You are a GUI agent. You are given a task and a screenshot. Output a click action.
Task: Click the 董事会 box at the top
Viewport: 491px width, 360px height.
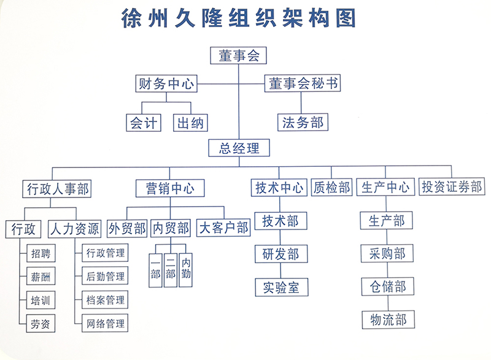click(x=239, y=56)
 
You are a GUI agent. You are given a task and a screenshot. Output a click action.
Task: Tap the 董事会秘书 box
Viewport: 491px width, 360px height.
click(x=303, y=83)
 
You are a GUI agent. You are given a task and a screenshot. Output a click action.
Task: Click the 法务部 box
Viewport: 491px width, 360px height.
click(x=303, y=121)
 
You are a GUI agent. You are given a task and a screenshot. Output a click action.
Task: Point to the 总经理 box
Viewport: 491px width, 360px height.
click(x=239, y=148)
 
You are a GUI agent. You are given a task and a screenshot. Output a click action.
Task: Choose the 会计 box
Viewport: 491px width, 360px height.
click(x=143, y=122)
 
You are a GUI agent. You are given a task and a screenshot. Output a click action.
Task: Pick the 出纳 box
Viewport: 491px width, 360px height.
click(x=190, y=122)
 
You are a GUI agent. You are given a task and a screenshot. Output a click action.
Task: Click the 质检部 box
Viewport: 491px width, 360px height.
click(x=331, y=187)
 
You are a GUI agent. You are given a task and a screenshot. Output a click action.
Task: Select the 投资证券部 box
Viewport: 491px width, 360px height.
click(x=452, y=187)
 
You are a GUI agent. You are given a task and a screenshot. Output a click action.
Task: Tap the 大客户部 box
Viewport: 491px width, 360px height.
click(x=223, y=228)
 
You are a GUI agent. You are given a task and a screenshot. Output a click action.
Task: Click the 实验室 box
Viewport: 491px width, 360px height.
click(x=281, y=286)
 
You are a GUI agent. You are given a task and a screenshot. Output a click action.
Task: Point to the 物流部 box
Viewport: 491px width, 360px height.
click(x=387, y=320)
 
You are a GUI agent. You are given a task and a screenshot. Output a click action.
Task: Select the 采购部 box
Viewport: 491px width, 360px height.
click(x=387, y=253)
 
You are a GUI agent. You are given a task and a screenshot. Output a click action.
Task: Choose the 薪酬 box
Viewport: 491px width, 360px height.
click(x=41, y=277)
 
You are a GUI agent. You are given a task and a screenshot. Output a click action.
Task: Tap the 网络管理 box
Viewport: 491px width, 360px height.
click(x=105, y=323)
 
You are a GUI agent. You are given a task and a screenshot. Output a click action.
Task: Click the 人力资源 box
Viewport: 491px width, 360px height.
click(x=74, y=229)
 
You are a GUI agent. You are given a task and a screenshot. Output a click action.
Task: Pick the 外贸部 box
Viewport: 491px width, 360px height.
click(x=127, y=228)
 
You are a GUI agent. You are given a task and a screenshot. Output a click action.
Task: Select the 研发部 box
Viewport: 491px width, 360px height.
click(x=281, y=254)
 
